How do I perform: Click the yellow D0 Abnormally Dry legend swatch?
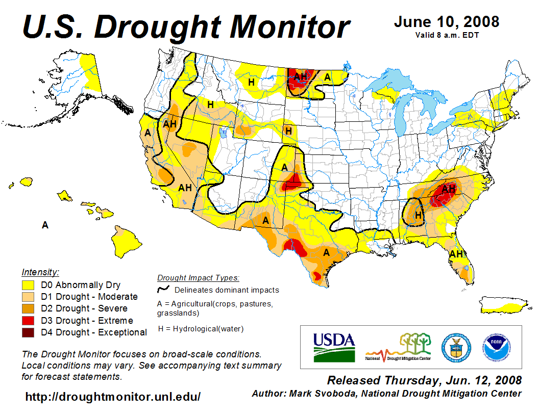28,285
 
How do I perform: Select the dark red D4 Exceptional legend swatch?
28,332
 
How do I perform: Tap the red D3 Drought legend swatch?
28,321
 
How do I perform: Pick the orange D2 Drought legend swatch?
28,308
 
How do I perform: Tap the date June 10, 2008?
447,22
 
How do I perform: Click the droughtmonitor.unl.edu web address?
113,396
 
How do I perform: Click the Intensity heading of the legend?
40,272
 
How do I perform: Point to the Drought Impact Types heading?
198,278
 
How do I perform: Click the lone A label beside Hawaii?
45,225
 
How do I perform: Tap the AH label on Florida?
456,254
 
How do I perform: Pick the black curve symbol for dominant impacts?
163,289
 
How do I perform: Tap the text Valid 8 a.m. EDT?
447,35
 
